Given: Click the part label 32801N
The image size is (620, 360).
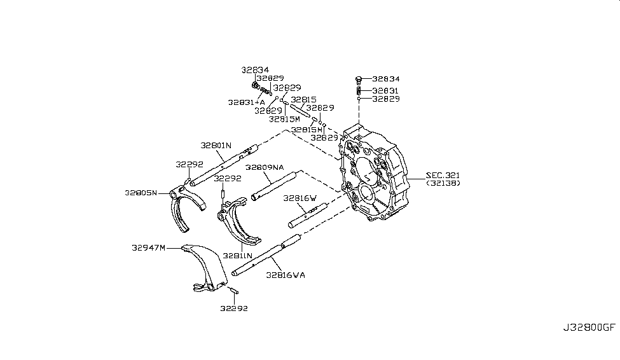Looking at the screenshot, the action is [x=216, y=145].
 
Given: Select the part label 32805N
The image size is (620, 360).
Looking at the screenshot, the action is [x=141, y=193].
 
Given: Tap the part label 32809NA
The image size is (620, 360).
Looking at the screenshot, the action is [x=265, y=167].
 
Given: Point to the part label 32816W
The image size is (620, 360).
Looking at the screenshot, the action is [x=300, y=198].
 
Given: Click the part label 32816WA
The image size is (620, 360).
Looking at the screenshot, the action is [x=286, y=275].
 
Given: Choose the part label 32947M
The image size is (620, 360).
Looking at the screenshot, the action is [x=148, y=247].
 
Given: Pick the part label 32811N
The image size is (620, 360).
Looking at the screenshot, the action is [x=237, y=256].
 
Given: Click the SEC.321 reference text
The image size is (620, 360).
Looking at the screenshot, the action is [x=443, y=175].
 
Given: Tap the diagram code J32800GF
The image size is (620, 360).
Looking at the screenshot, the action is [x=589, y=328].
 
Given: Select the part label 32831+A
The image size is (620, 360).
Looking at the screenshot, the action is [x=246, y=102].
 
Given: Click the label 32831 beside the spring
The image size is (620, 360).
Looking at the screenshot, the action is [x=385, y=90].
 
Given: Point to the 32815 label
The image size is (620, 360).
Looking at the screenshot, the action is [x=304, y=100].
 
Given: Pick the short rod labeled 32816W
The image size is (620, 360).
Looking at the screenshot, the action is [x=308, y=216].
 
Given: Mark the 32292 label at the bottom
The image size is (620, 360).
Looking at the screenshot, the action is [x=234, y=308].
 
